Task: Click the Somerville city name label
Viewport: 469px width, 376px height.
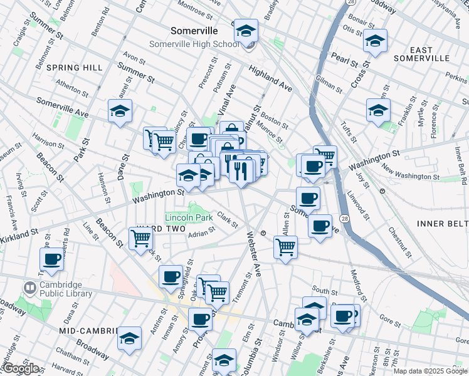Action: point(194,31)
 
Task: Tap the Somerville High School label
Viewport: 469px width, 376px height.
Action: point(194,44)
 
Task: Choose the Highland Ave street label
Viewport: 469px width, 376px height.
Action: point(270,78)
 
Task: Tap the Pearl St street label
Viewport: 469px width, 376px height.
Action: point(344,60)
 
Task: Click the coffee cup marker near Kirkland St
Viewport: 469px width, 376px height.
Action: point(51,259)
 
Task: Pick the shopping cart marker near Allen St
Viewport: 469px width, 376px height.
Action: point(285,247)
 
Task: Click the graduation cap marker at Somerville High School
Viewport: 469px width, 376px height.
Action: point(246,30)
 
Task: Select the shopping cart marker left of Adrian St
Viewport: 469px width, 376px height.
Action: point(141,238)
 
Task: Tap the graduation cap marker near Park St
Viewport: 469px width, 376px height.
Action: point(120,112)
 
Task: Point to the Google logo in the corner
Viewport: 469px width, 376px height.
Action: point(21,368)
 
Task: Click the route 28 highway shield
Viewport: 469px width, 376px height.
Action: point(345,217)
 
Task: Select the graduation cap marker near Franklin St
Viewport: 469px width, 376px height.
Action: point(378,110)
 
